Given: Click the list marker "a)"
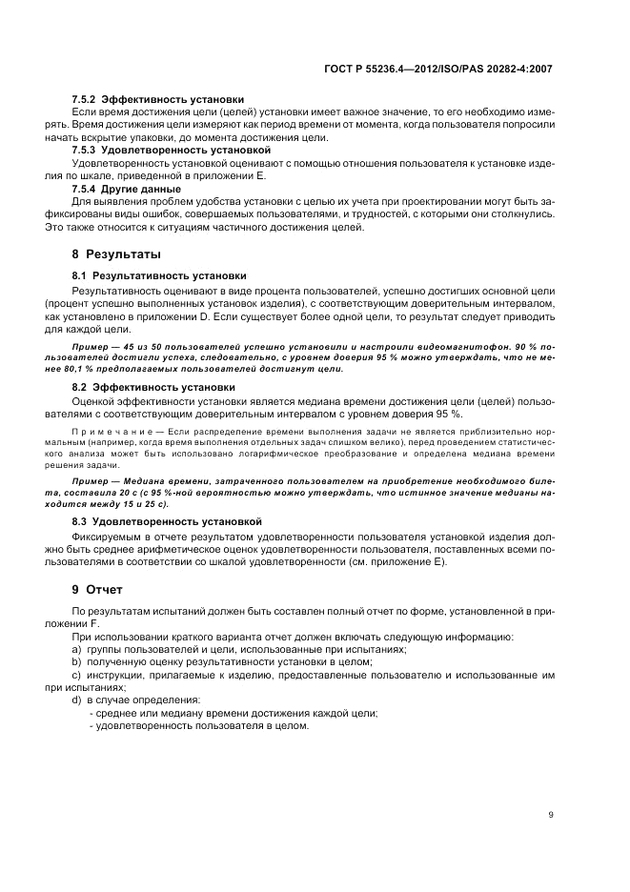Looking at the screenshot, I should click(x=76, y=649).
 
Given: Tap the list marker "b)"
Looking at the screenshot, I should click(x=76, y=661).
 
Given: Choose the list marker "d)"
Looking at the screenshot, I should click(x=76, y=699).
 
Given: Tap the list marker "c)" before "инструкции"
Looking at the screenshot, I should click(x=76, y=675).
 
